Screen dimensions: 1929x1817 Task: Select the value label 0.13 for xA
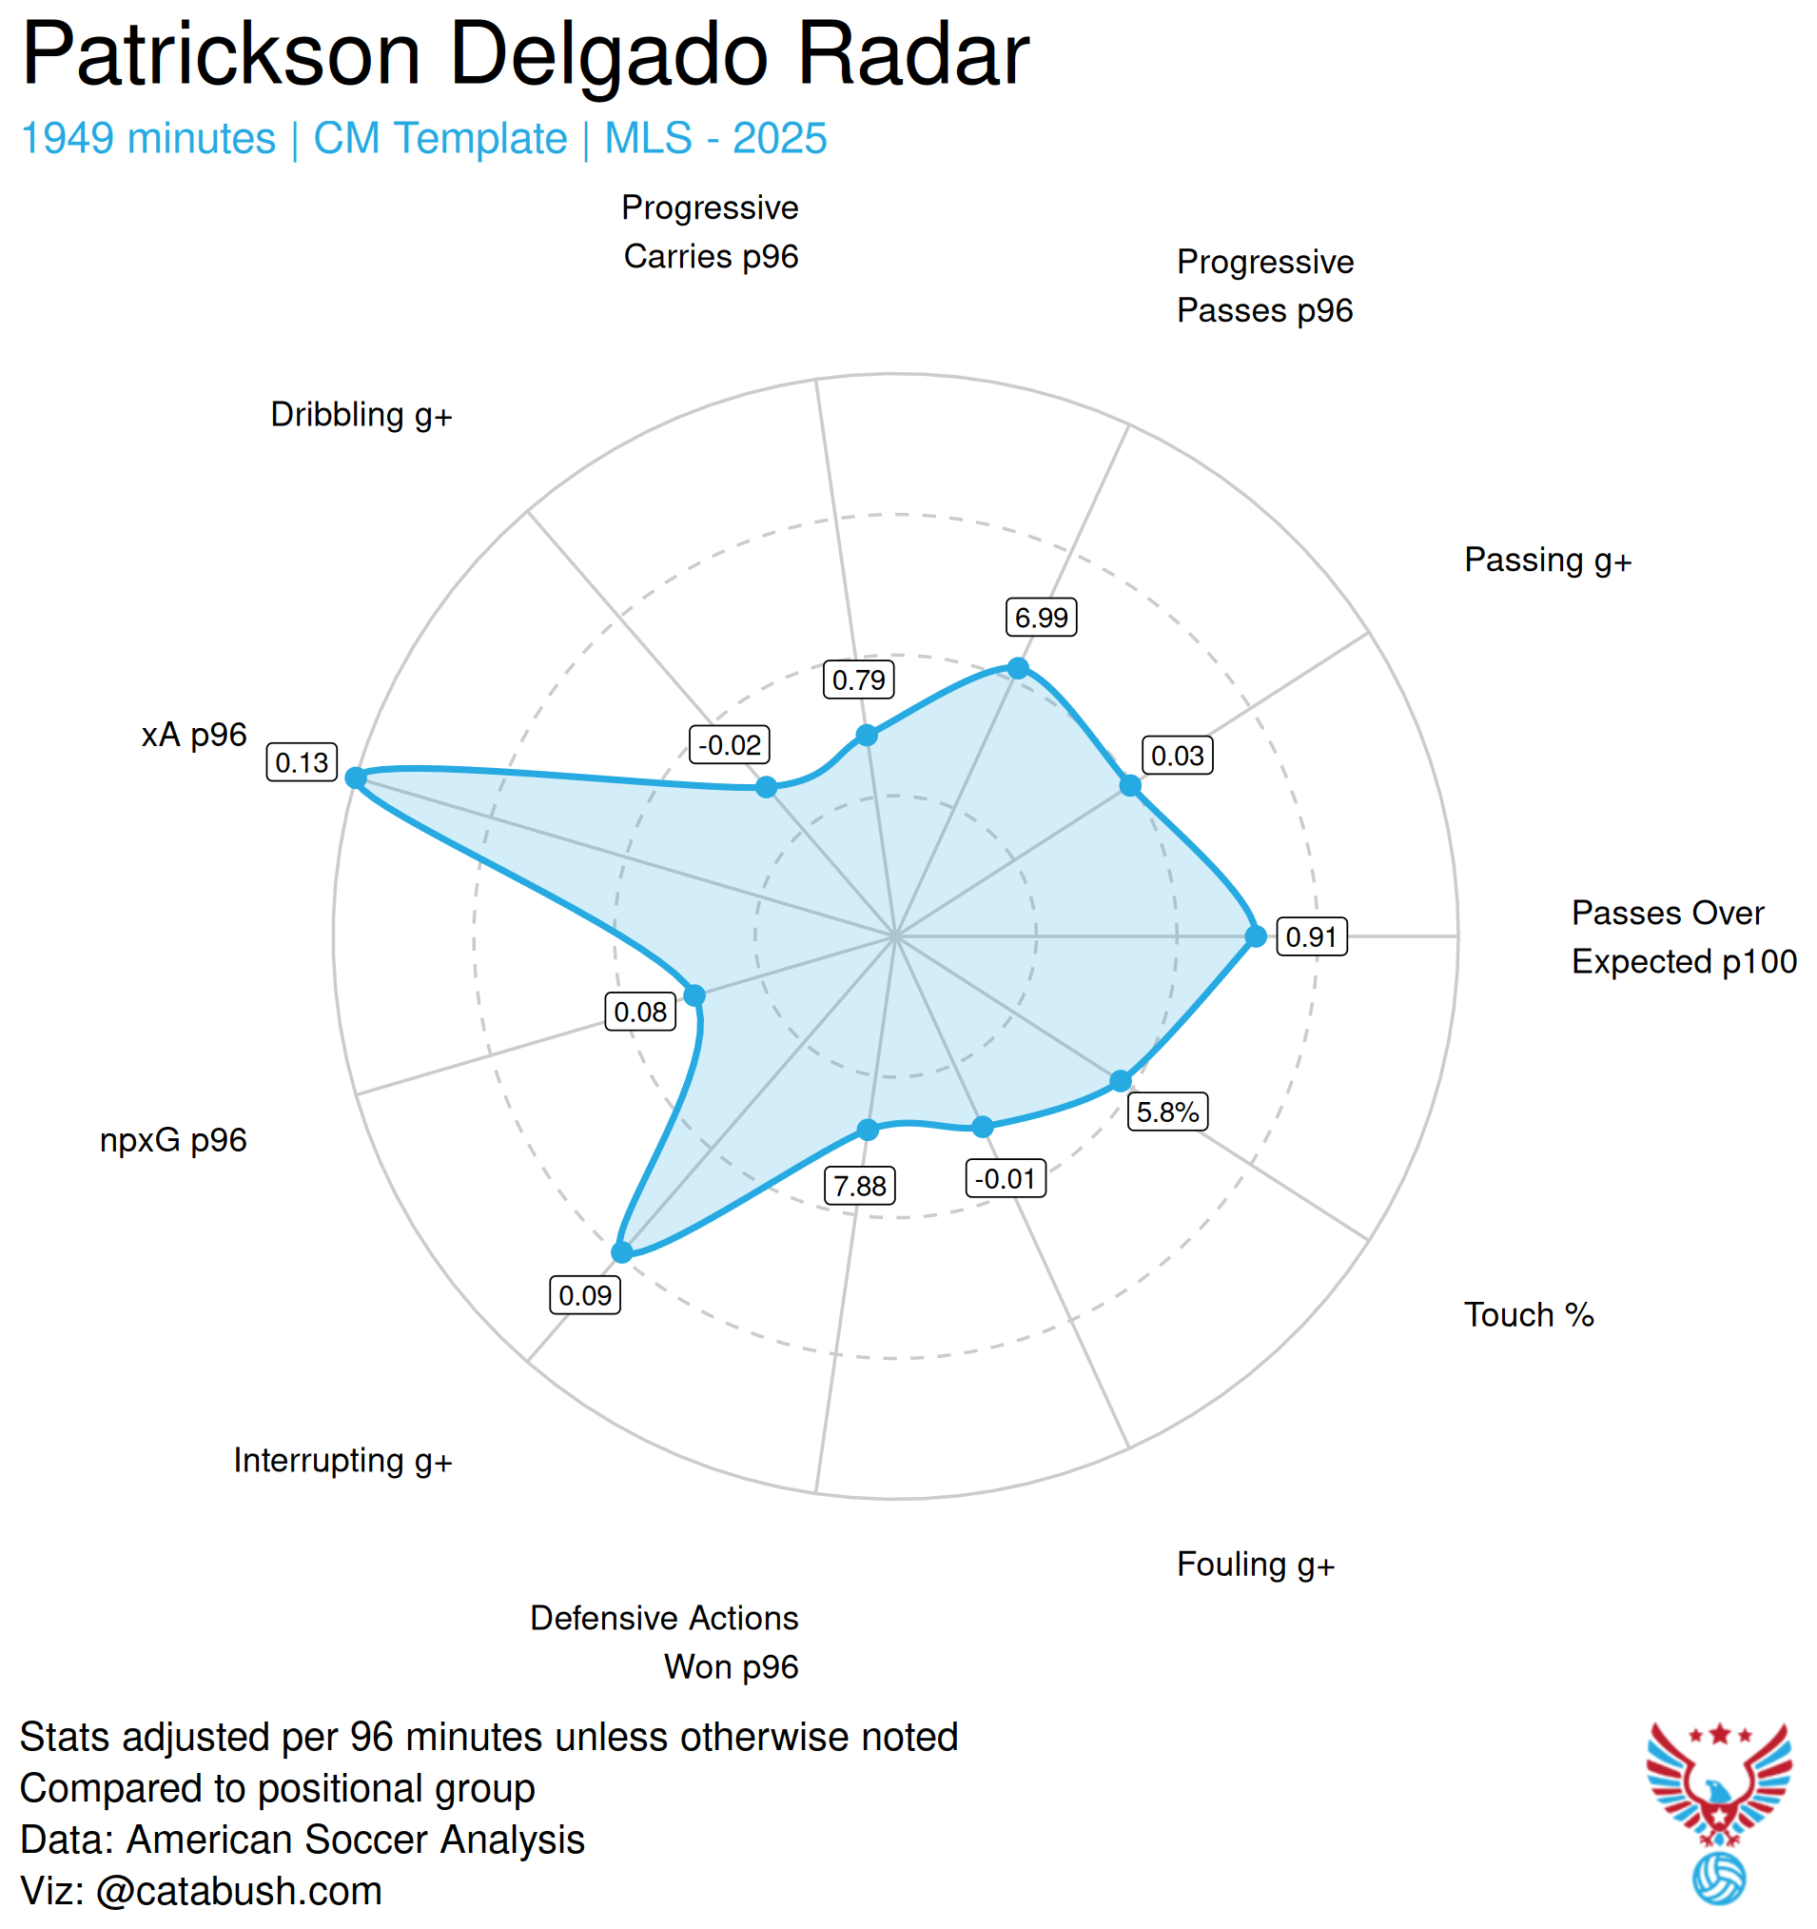302,762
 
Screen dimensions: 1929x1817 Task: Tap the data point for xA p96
356,778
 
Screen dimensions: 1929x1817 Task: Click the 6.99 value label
1041,617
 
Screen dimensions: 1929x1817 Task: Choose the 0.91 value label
1312,937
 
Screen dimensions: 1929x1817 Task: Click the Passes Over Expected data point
1257,936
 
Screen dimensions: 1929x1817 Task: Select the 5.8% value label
1167,1112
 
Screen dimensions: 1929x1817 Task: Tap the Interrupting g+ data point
622,1252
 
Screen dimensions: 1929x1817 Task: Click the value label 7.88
860,1186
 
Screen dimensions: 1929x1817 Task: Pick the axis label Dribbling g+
361,415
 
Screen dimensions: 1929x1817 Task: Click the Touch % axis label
1529,1315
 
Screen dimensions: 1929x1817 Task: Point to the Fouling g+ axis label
1256,1565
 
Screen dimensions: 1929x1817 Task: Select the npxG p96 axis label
174,1140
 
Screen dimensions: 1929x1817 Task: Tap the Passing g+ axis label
1548,560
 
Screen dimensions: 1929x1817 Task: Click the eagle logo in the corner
1718,1783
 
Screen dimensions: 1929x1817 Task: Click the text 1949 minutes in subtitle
148,139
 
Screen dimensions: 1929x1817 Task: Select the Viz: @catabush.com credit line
201,1891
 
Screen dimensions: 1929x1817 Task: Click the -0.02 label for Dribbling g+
730,745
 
